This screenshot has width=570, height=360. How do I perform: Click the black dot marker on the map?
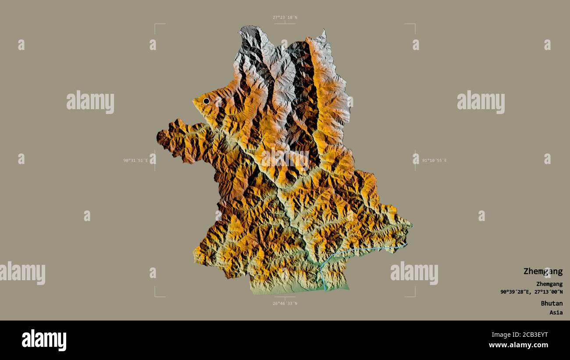pyautogui.click(x=206, y=101)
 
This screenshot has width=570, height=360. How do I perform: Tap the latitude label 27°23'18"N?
pyautogui.click(x=285, y=18)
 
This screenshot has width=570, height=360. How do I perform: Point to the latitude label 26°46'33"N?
pyautogui.click(x=285, y=303)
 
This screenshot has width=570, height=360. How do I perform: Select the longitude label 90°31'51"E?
pyautogui.click(x=135, y=160)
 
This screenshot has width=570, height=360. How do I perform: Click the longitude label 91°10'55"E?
pyautogui.click(x=434, y=160)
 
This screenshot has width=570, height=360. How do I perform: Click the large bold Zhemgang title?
pyautogui.click(x=542, y=271)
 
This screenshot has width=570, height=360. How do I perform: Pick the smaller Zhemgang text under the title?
pyautogui.click(x=549, y=284)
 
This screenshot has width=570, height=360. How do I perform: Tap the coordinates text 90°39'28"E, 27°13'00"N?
pyautogui.click(x=531, y=292)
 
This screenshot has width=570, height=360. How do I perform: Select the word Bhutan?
pyautogui.click(x=551, y=303)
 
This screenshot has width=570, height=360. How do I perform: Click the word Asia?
pyautogui.click(x=556, y=313)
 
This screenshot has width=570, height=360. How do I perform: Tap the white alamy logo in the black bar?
pyautogui.click(x=44, y=340)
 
